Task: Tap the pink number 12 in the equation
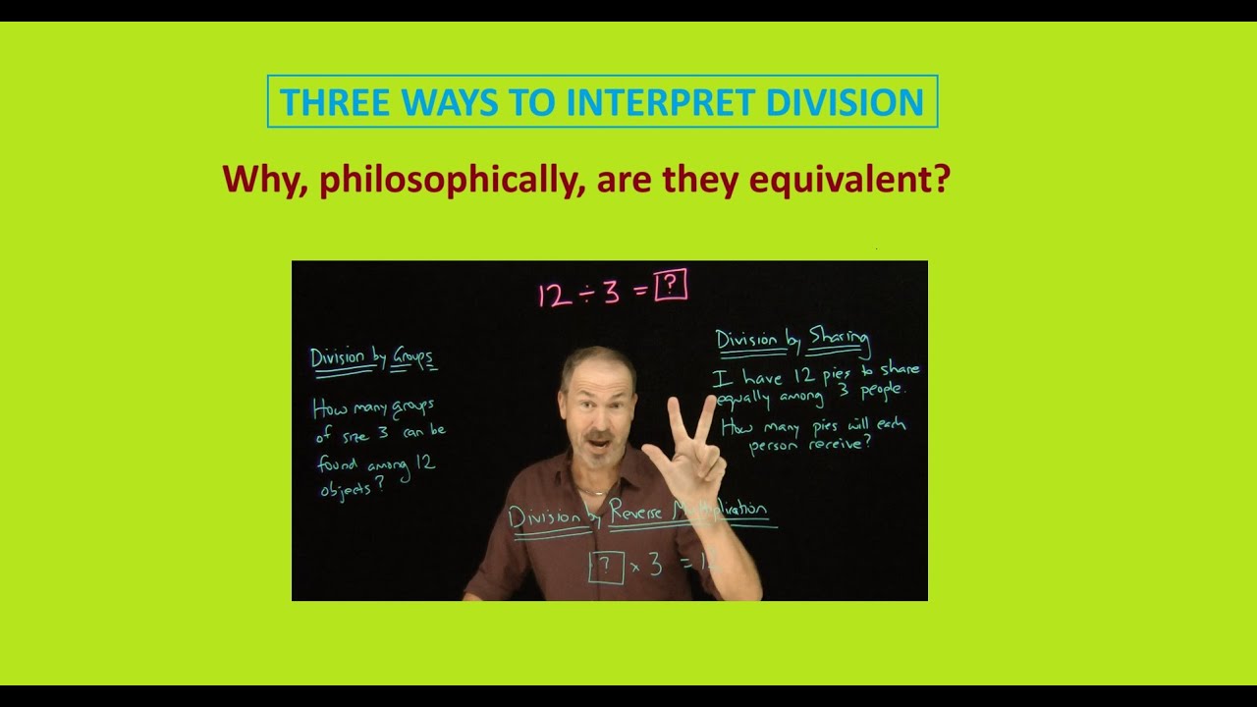click(x=554, y=294)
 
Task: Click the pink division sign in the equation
click(x=587, y=293)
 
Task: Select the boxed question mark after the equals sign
click(x=671, y=285)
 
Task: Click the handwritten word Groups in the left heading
click(x=412, y=358)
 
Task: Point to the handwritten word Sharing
click(x=839, y=341)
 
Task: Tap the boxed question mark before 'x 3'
click(x=606, y=566)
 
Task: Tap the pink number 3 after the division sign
click(x=613, y=292)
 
